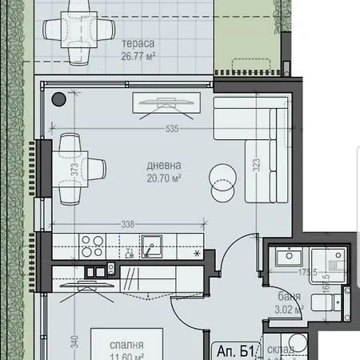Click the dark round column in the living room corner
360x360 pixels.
59,99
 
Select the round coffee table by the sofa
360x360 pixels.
223,178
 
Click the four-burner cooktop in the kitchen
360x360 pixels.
89,244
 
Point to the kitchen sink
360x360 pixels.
150,244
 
